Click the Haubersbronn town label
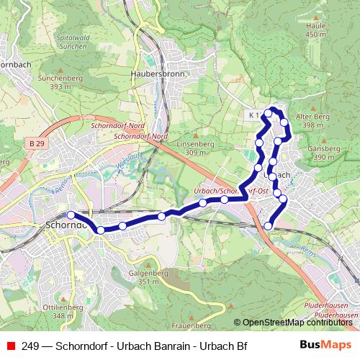(x=159, y=73)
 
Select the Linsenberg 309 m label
(x=191, y=148)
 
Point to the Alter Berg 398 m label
(x=313, y=120)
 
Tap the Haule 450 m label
(x=316, y=30)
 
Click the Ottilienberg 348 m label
(x=59, y=312)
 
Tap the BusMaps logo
(x=325, y=346)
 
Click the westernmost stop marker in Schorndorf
(x=71, y=215)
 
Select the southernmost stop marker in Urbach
(x=269, y=226)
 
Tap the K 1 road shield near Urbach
(x=253, y=114)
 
